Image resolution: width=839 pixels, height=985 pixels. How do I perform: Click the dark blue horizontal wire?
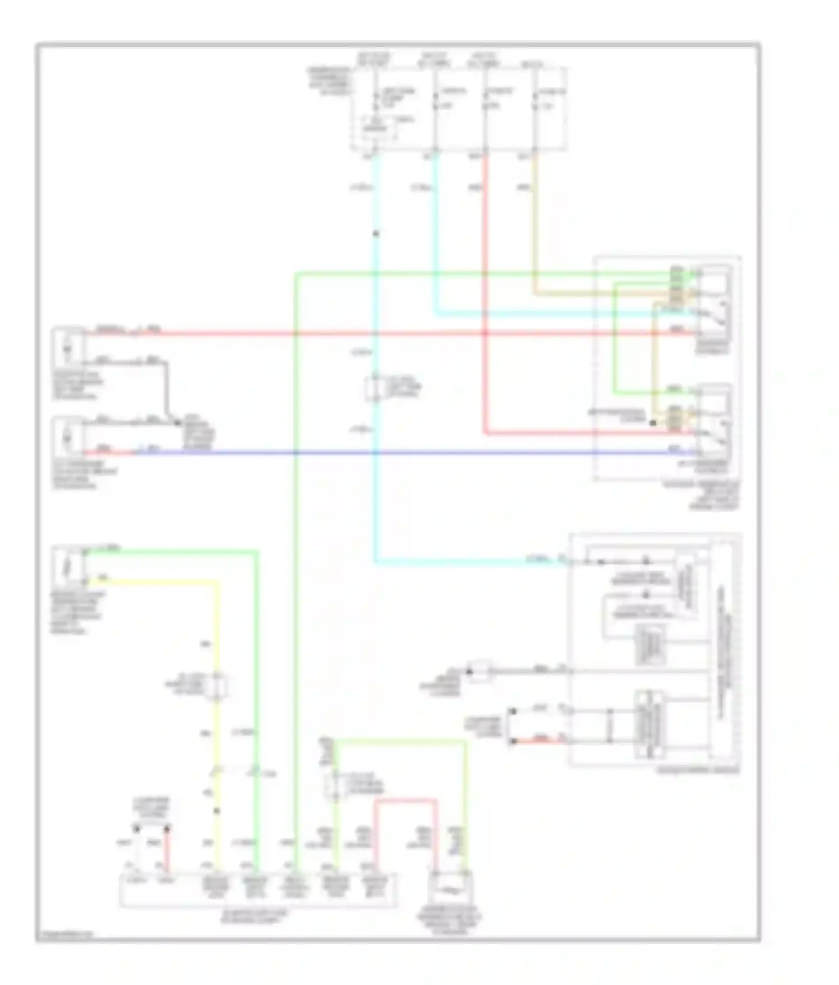pyautogui.click(x=392, y=452)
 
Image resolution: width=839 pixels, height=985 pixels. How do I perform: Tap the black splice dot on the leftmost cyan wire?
pyautogui.click(x=376, y=233)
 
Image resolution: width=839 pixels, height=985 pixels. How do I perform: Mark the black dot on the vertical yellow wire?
pyautogui.click(x=217, y=811)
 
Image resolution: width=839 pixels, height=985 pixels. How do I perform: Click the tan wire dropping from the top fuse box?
pyautogui.click(x=535, y=224)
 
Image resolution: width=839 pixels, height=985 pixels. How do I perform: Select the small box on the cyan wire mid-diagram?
pyautogui.click(x=375, y=388)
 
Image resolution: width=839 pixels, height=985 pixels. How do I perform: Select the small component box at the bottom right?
pyautogui.click(x=450, y=889)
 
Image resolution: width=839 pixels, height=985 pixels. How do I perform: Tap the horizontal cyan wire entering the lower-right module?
pyautogui.click(x=470, y=561)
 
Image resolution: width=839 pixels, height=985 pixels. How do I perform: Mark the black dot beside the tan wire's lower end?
pyautogui.click(x=653, y=423)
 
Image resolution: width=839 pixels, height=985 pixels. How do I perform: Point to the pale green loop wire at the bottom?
pyautogui.click(x=400, y=742)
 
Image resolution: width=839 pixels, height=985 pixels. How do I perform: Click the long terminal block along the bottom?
pyautogui.click(x=258, y=889)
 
